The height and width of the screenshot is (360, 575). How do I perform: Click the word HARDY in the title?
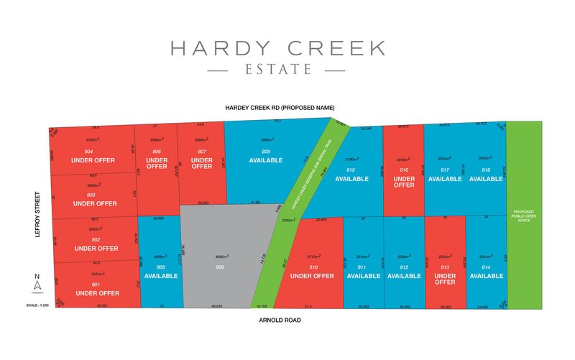click(x=215, y=48)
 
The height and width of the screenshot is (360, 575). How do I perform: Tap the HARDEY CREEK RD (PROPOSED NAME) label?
click(x=280, y=108)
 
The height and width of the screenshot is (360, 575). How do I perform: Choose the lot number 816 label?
click(x=404, y=169)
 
